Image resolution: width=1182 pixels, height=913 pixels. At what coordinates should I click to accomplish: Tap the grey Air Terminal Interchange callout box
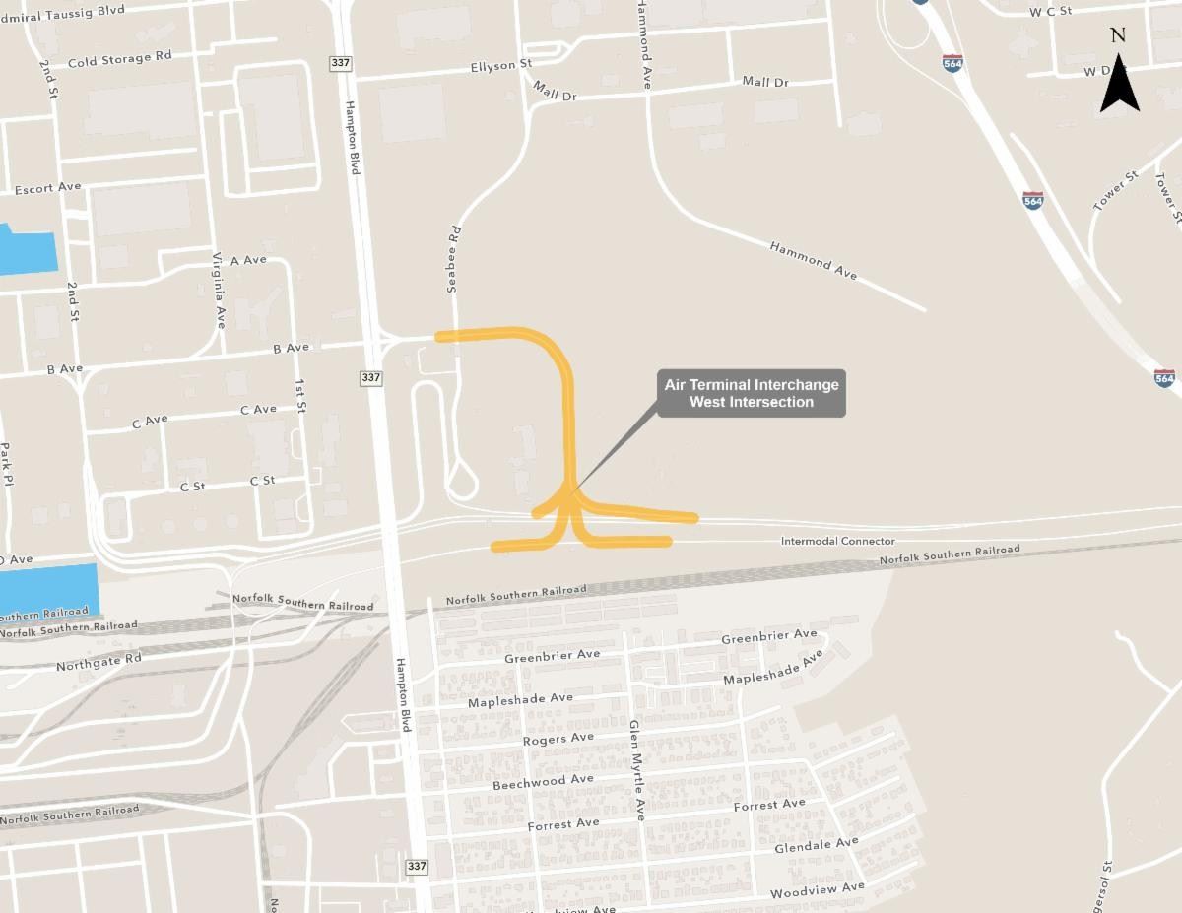point(752,393)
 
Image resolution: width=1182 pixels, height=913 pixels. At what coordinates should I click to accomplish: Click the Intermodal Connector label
point(837,541)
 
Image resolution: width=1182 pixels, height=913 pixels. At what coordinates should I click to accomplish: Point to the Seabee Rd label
point(454,261)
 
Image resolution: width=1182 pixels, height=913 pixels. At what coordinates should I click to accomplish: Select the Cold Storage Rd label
point(120,59)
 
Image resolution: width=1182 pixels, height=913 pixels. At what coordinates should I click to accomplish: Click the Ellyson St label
point(500,66)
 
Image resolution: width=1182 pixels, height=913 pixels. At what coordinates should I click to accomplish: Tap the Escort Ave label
point(47,187)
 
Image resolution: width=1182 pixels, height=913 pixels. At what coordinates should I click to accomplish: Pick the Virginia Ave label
point(219,289)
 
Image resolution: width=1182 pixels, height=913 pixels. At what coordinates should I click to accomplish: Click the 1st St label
point(300,393)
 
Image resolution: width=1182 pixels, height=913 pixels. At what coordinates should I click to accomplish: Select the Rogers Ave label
point(558,739)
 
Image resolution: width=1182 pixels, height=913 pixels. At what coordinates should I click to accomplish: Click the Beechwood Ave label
point(543,782)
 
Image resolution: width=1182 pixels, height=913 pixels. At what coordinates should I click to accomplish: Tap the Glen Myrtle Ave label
point(636,769)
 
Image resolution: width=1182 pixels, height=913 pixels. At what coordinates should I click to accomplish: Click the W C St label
point(1050,12)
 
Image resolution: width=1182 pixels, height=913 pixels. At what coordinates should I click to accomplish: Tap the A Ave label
point(248,260)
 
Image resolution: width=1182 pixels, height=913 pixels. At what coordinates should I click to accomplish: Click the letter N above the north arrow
point(1118,35)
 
